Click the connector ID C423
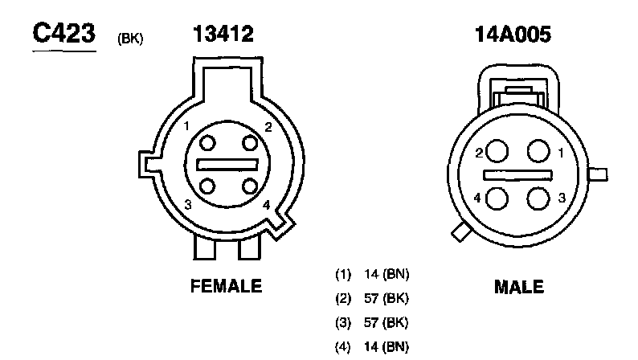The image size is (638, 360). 64,33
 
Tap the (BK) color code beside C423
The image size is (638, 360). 130,39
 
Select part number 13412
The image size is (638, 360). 223,34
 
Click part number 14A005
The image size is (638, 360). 513,35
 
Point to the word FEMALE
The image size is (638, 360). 227,286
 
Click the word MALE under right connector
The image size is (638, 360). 519,287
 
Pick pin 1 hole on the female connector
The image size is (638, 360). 207,143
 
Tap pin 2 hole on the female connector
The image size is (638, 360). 250,143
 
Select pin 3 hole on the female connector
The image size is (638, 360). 207,186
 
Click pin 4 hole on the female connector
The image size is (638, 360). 250,186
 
